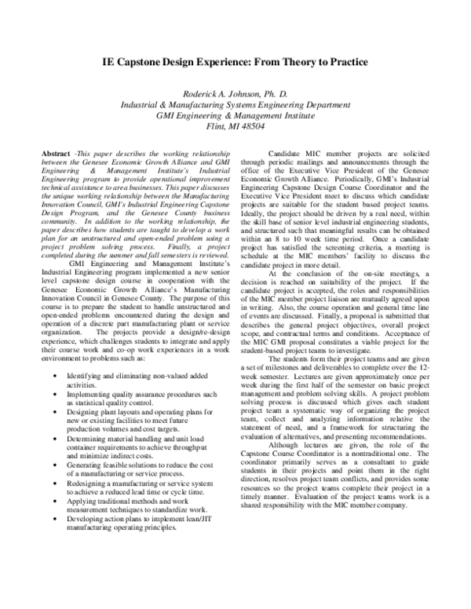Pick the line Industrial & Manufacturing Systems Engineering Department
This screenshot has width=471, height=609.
(235, 104)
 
